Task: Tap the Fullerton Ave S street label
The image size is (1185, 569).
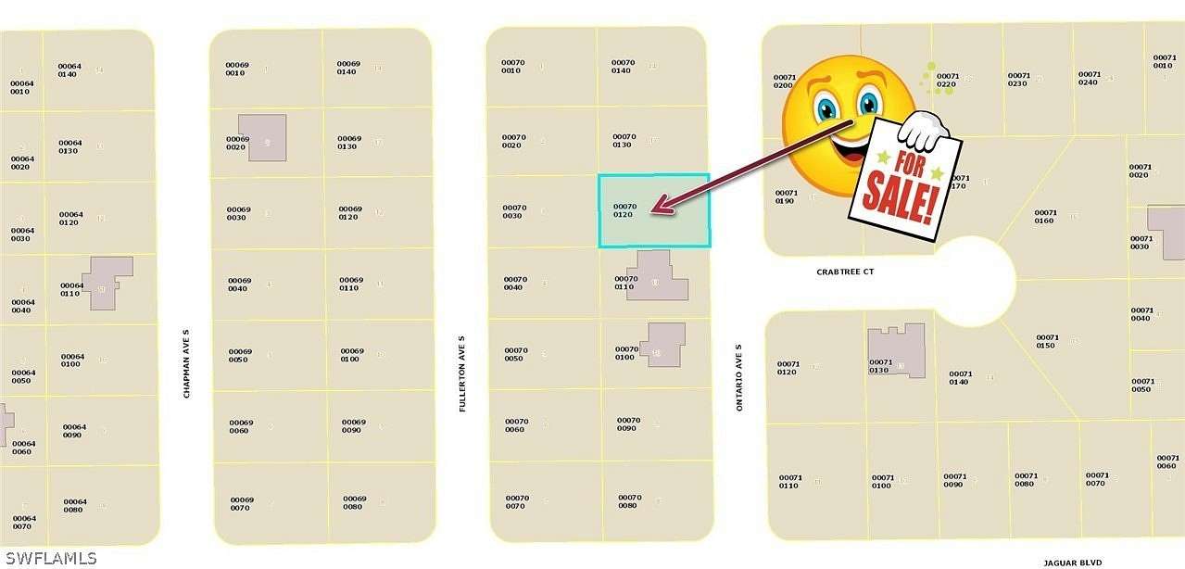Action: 462,378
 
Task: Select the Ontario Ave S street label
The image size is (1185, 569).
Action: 739,378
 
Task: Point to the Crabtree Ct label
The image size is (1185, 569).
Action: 844,272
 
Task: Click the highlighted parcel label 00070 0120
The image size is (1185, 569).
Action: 625,210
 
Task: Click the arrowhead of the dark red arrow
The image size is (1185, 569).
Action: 655,210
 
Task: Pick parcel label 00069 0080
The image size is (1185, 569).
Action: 354,501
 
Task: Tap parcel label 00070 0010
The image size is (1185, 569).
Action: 512,66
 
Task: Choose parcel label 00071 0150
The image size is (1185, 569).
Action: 1046,341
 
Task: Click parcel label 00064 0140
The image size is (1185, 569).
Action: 69,70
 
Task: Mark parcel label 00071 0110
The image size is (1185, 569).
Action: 788,481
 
